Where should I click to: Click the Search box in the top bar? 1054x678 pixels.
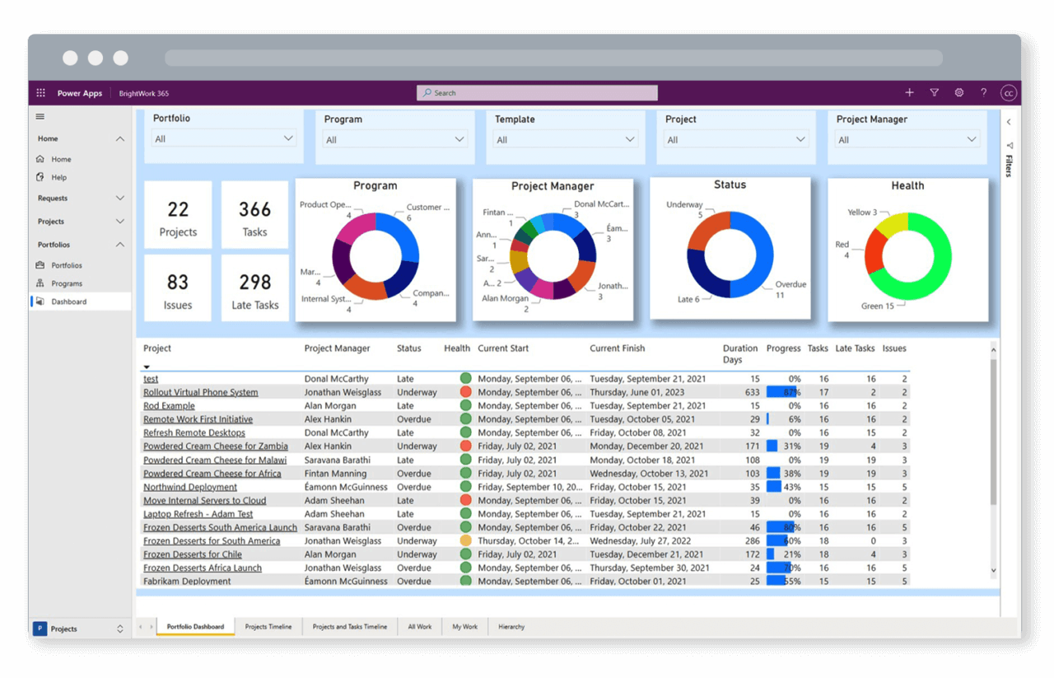[537, 93]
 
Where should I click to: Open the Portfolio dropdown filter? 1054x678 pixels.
[224, 138]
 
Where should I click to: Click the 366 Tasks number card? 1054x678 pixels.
[254, 216]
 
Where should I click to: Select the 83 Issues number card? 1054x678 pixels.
[178, 288]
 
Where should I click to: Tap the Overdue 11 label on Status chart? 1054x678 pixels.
[790, 289]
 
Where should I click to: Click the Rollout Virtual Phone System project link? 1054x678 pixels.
[200, 393]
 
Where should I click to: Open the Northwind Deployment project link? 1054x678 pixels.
[190, 487]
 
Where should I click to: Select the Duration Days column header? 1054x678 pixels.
[739, 353]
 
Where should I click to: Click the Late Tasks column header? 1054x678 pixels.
[855, 348]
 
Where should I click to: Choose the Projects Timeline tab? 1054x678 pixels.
[268, 627]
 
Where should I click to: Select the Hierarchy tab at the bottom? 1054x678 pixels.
[511, 627]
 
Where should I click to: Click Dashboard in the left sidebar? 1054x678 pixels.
[69, 302]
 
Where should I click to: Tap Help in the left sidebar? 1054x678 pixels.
[59, 177]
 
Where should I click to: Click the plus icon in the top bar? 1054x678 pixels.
[909, 93]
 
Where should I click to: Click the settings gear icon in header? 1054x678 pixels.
[959, 93]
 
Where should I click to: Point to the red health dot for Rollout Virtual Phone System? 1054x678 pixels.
[465, 392]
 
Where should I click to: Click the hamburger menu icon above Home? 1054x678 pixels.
[40, 117]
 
